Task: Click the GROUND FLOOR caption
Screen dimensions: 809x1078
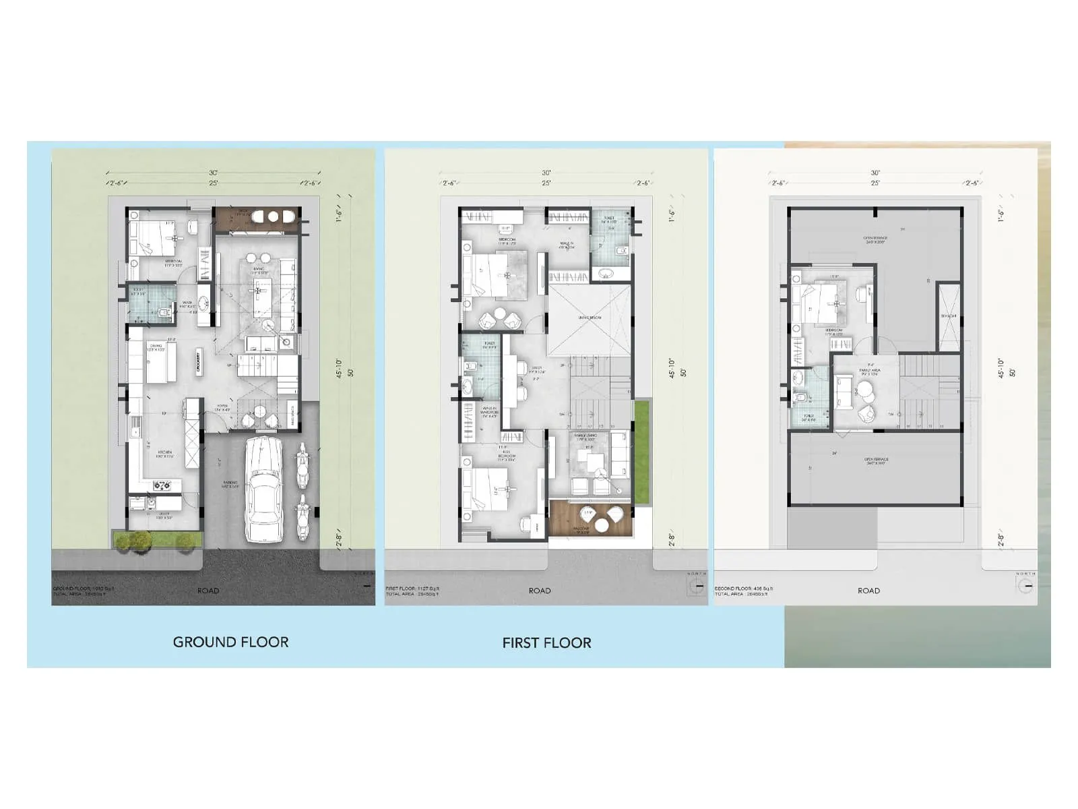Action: pos(230,642)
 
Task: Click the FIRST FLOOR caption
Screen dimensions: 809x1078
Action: pos(546,642)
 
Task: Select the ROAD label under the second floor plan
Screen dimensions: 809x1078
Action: pos(868,591)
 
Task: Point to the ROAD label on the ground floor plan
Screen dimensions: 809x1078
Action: pos(208,591)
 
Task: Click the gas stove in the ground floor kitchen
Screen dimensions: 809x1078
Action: pos(162,484)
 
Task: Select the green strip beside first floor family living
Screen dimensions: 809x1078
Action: pos(642,452)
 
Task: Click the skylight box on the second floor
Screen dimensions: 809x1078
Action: pos(949,317)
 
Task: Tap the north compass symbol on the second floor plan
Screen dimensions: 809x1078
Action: pos(1025,587)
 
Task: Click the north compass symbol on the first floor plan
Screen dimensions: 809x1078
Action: pos(697,587)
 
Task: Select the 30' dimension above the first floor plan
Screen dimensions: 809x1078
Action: pos(546,173)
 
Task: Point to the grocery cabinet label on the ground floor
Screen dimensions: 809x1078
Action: pos(199,358)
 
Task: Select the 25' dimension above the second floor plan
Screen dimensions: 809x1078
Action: pos(875,183)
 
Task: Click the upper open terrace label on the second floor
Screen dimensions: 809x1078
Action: pos(875,239)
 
